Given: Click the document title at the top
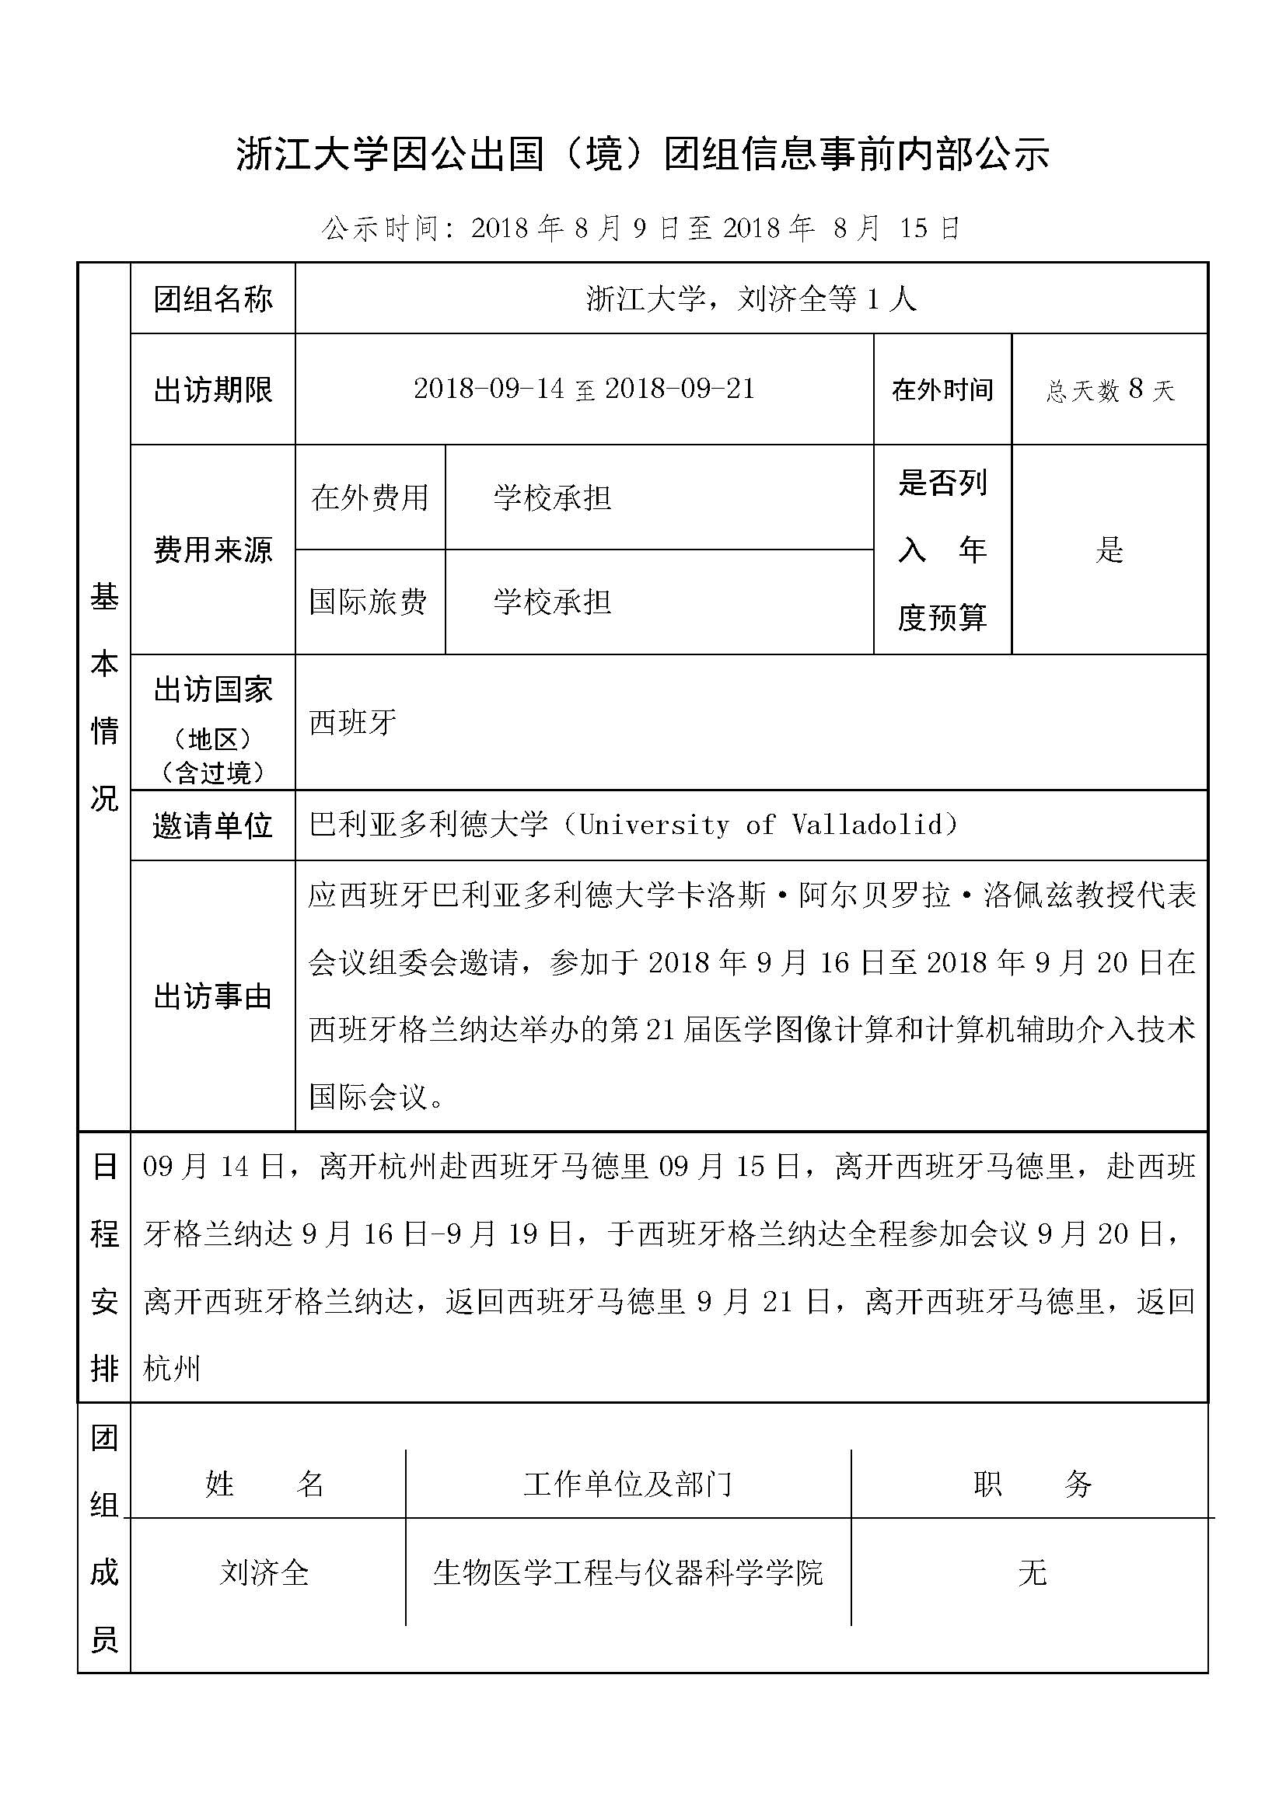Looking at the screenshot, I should click(x=642, y=155).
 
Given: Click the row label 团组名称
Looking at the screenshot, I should click(x=213, y=299).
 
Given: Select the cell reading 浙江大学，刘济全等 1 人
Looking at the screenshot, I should click(x=751, y=299).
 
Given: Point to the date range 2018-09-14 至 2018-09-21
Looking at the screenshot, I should click(x=585, y=389).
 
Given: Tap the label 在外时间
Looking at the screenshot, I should click(x=942, y=389).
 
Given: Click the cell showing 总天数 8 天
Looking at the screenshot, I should click(x=1110, y=389).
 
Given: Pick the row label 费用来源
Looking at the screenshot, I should click(x=213, y=550).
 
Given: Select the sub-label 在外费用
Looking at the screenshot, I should click(x=370, y=498).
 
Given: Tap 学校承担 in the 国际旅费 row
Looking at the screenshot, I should click(x=552, y=602).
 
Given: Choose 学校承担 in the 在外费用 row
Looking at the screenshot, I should click(x=552, y=498).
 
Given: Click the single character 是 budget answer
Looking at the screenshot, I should click(x=1110, y=550).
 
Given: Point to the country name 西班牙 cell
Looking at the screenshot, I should click(x=353, y=722).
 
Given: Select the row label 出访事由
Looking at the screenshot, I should click(x=213, y=996).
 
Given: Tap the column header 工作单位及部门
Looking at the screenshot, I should click(x=628, y=1484).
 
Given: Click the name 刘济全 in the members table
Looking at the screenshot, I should click(x=264, y=1572).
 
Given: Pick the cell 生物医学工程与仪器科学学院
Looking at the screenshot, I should click(x=628, y=1572).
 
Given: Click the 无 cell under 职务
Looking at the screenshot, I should click(x=1033, y=1572).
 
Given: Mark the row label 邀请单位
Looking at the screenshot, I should click(x=213, y=826).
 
